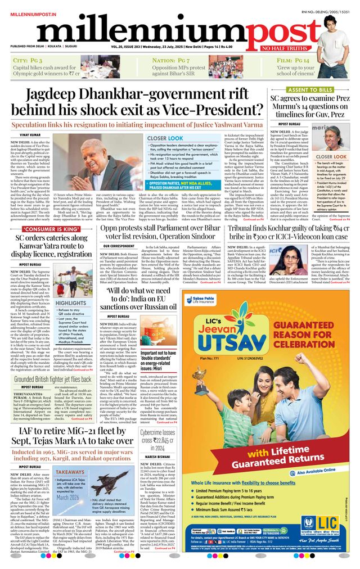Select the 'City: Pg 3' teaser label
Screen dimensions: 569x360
[x=31, y=60]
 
